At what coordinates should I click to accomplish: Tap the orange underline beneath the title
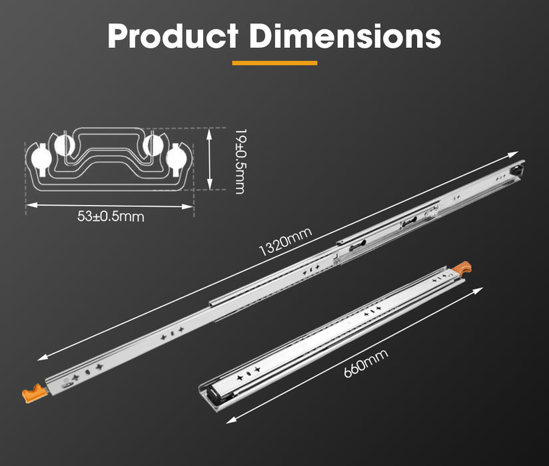click(274, 63)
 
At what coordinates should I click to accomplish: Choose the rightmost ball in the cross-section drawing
click(177, 158)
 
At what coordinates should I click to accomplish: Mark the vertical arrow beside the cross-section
click(211, 160)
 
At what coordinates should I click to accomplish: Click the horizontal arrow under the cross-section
click(110, 206)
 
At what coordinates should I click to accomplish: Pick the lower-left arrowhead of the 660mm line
click(229, 421)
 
